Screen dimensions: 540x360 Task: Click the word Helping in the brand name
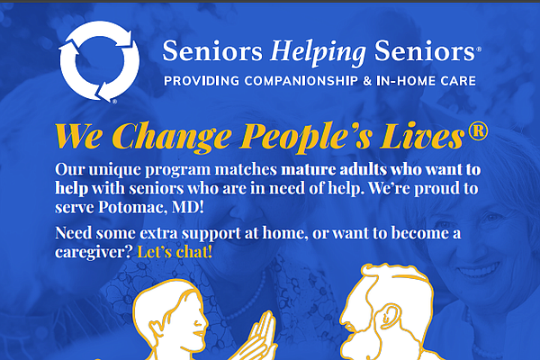click(319, 52)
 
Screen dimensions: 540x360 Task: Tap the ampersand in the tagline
click(367, 81)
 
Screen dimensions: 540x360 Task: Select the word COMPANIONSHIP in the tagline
click(301, 81)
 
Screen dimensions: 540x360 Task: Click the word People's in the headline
click(307, 137)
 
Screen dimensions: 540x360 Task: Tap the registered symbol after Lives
click(478, 130)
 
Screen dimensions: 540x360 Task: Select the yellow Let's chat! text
click(175, 252)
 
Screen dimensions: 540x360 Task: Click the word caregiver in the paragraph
click(94, 253)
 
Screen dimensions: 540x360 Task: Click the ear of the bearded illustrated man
click(389, 315)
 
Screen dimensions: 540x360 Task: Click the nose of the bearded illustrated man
click(345, 319)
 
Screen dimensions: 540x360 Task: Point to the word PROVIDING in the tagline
click(202, 81)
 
